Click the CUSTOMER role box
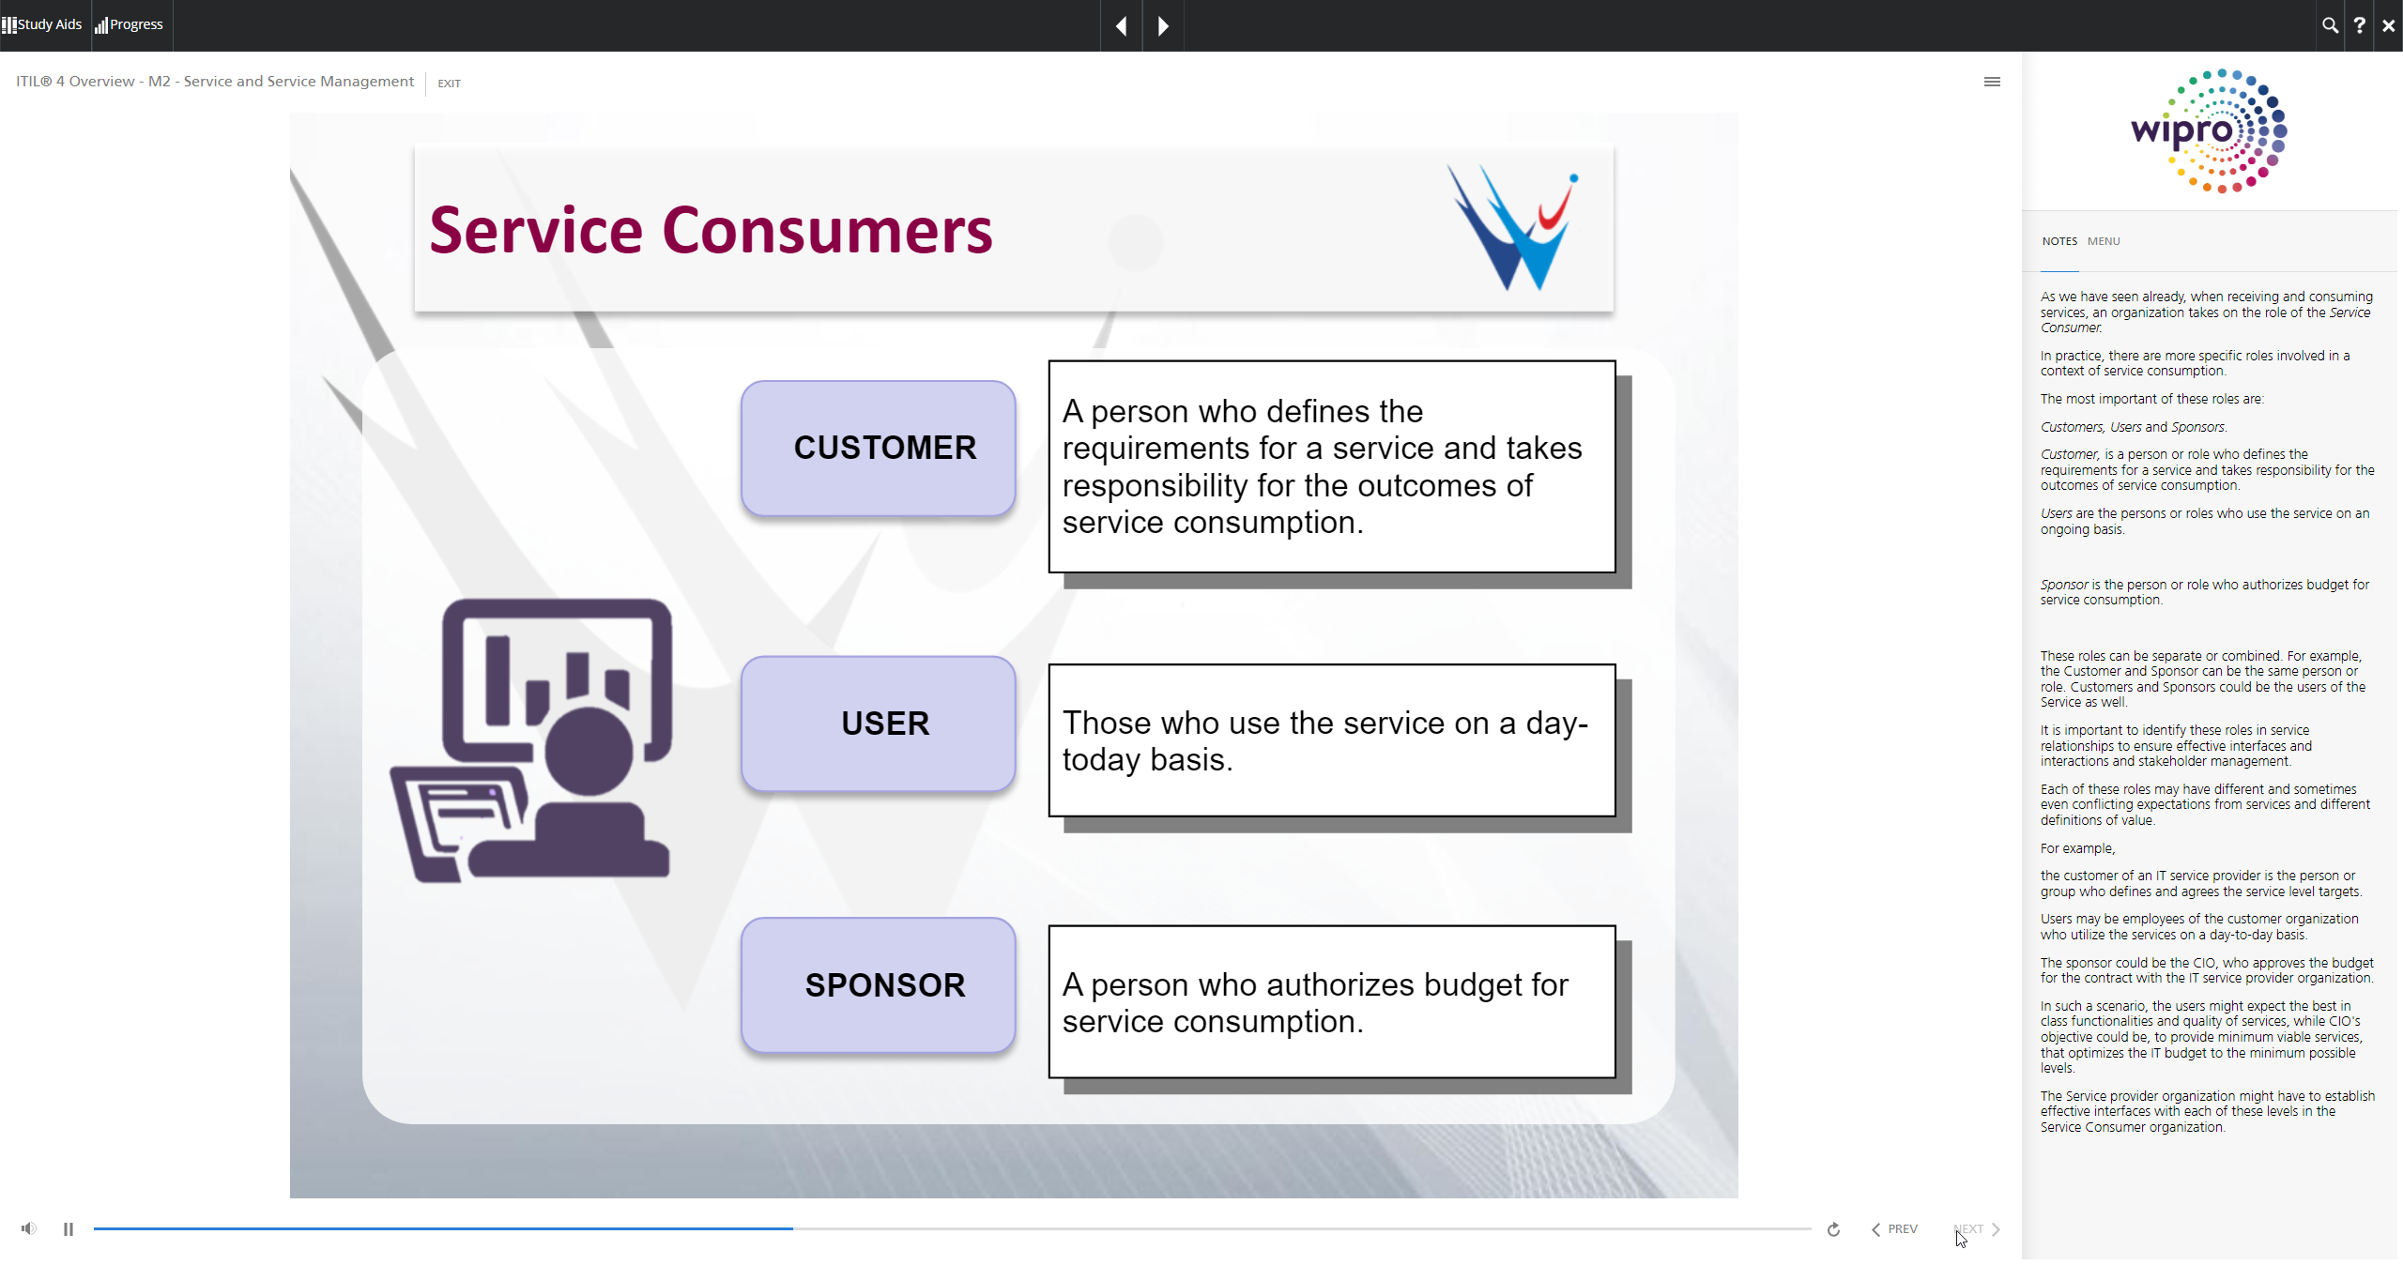point(878,448)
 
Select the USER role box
point(878,723)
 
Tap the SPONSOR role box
point(878,984)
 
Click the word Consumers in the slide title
point(827,230)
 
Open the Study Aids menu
point(42,24)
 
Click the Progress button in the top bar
point(130,24)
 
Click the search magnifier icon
point(2330,25)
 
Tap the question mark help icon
point(2359,25)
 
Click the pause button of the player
point(69,1228)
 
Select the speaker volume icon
point(29,1228)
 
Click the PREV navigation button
point(1894,1228)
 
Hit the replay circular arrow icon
point(1833,1228)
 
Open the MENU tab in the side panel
point(2104,241)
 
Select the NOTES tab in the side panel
point(2059,241)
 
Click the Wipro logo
point(2209,131)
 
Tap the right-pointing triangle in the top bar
point(1163,26)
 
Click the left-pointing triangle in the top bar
point(1121,26)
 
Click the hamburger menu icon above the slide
point(1992,82)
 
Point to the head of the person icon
point(589,751)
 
